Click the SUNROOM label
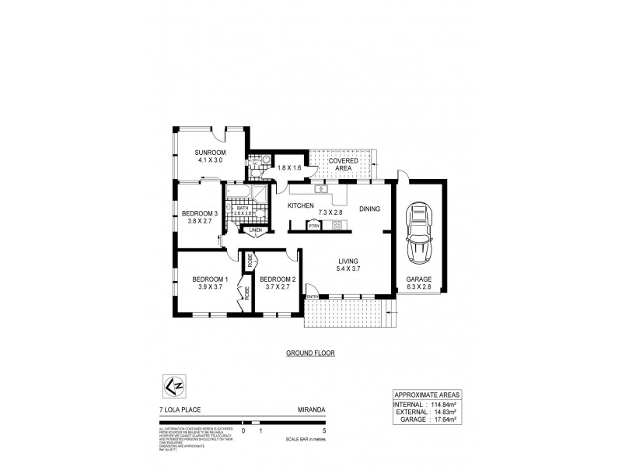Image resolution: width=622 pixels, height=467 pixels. pos(209,152)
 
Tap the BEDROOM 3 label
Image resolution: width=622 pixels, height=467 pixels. pos(200,213)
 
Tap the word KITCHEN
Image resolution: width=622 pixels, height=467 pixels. pos(300,206)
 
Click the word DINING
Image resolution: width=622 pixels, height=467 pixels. pos(371,208)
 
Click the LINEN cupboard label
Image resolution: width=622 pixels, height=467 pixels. pos(255,230)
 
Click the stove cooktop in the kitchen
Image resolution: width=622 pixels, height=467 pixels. pos(338,226)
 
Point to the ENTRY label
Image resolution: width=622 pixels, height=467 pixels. pos(312,297)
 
